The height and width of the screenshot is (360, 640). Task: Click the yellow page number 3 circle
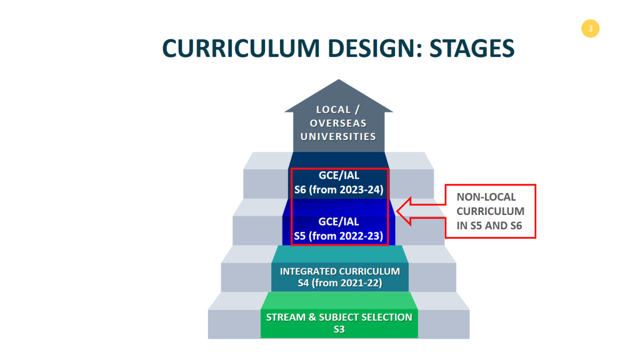coord(590,29)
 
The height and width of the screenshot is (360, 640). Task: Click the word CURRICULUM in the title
coord(241,48)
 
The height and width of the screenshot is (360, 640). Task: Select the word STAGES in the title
coord(472,48)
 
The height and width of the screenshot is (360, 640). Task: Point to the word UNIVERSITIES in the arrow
coord(338,137)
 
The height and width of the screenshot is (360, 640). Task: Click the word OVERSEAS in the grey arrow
coord(338,123)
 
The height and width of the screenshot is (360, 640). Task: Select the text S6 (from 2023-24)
coord(339,190)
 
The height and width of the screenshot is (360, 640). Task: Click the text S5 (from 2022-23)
coord(338,236)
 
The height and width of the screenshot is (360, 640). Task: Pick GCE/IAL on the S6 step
coord(339,176)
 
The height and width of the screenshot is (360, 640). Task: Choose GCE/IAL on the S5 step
coord(339,222)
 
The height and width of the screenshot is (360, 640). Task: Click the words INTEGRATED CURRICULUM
coord(339,271)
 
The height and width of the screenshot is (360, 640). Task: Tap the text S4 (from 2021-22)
coord(339,283)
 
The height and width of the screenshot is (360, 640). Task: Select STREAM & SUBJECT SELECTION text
coord(339,317)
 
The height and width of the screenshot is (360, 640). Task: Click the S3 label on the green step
coord(339,329)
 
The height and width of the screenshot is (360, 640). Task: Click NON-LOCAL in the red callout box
coord(486,197)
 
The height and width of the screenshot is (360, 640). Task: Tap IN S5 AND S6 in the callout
coord(489,226)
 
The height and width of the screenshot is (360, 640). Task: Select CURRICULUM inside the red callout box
coord(490,211)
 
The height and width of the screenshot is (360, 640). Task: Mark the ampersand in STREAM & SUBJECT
coord(312,317)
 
